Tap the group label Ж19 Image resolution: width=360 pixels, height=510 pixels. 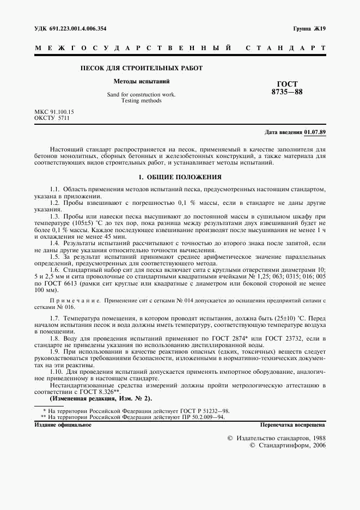pyautogui.click(x=320, y=29)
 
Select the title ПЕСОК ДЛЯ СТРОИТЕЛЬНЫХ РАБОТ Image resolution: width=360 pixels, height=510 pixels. pyautogui.click(x=141, y=68)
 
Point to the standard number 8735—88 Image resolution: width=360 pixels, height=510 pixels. pyautogui.click(x=287, y=92)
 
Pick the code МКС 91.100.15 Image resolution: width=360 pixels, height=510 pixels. pyautogui.click(x=54, y=112)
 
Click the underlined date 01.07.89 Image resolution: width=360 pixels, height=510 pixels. pyautogui.click(x=315, y=132)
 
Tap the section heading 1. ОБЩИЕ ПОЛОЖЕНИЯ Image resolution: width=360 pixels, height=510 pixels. pyautogui.click(x=180, y=177)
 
